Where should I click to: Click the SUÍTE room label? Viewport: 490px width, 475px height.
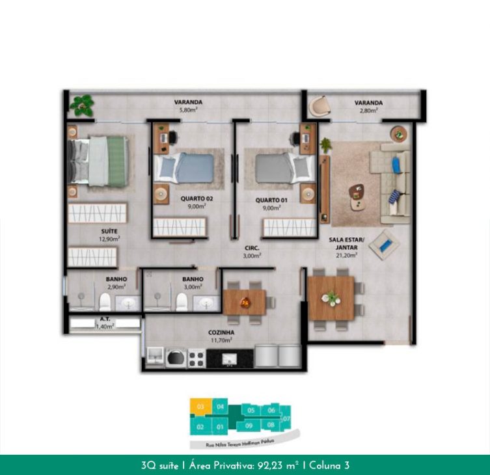(109, 231)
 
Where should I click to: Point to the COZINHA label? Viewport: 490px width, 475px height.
(223, 332)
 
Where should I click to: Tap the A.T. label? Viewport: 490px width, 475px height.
(104, 319)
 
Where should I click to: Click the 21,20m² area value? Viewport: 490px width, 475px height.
(347, 255)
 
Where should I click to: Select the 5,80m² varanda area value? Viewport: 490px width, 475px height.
(188, 111)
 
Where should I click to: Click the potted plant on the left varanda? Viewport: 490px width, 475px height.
(82, 103)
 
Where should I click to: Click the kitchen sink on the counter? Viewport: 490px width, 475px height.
(229, 358)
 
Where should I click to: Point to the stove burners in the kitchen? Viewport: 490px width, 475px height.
(197, 357)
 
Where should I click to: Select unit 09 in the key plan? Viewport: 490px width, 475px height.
(248, 426)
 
